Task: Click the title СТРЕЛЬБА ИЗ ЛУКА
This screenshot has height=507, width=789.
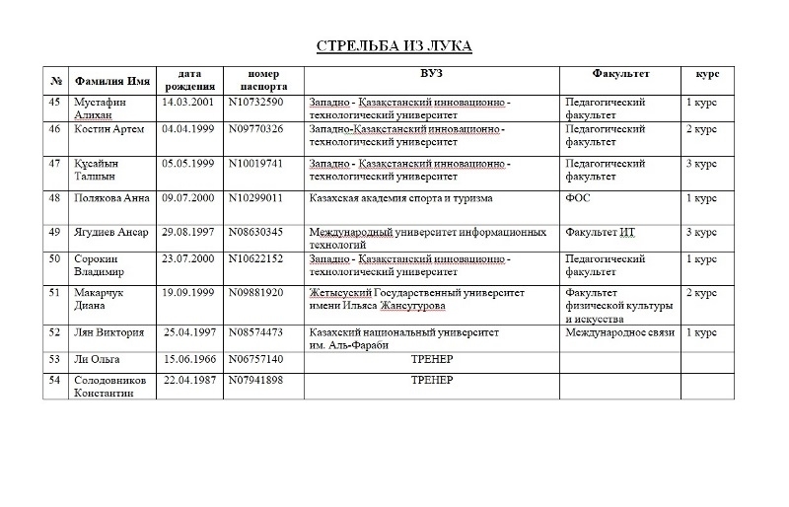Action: click(x=394, y=46)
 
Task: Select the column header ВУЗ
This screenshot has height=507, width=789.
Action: click(x=431, y=74)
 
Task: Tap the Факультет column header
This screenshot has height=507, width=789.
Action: click(x=620, y=74)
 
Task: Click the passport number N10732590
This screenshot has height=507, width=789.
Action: click(x=255, y=102)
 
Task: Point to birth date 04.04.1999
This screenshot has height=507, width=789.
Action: click(x=187, y=129)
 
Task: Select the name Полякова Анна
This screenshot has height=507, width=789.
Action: click(x=111, y=198)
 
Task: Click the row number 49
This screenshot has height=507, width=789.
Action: click(x=54, y=232)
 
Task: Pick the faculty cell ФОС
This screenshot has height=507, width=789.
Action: click(x=577, y=198)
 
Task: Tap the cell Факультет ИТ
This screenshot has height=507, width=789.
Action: click(x=599, y=232)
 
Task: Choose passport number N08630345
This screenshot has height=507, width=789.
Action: click(x=255, y=232)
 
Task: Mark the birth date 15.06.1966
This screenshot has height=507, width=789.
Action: click(x=190, y=359)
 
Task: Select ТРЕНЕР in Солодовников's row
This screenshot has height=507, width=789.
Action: click(x=431, y=380)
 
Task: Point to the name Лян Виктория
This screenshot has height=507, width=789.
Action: click(x=109, y=332)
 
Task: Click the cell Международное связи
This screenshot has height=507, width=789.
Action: click(x=619, y=332)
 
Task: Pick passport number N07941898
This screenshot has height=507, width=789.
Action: click(x=255, y=380)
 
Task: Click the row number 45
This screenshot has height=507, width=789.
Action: click(x=54, y=102)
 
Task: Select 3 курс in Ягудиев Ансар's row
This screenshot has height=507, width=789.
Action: click(x=701, y=232)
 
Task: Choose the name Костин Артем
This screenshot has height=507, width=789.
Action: click(x=109, y=129)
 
